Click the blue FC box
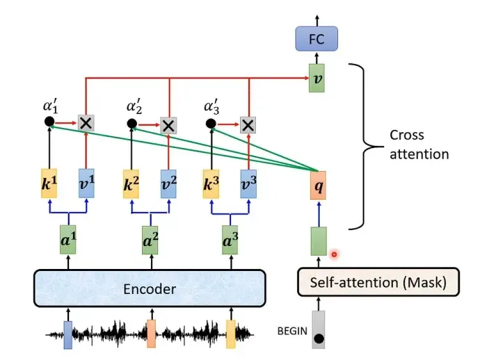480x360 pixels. pos(317,38)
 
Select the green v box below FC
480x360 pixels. pos(317,78)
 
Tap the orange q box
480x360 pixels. pos(318,186)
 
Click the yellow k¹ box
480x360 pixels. pos(49,183)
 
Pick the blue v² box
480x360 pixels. pos(168,184)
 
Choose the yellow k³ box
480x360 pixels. pos(211,184)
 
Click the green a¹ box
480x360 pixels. pos(68,240)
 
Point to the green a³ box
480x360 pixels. pos(230,240)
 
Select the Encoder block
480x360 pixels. pos(150,288)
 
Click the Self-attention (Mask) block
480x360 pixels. pos(378,282)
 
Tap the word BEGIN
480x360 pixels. pos(292,331)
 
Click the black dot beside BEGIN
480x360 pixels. pos(319,338)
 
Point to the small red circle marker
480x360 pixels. pos(335,254)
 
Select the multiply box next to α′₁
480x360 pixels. pos(86,123)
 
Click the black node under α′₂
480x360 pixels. pos(132,124)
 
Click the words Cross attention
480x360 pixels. pos(419,145)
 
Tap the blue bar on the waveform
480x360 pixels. pos(68,335)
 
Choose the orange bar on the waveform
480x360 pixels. pos(151,334)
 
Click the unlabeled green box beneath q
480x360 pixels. pos(319,241)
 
